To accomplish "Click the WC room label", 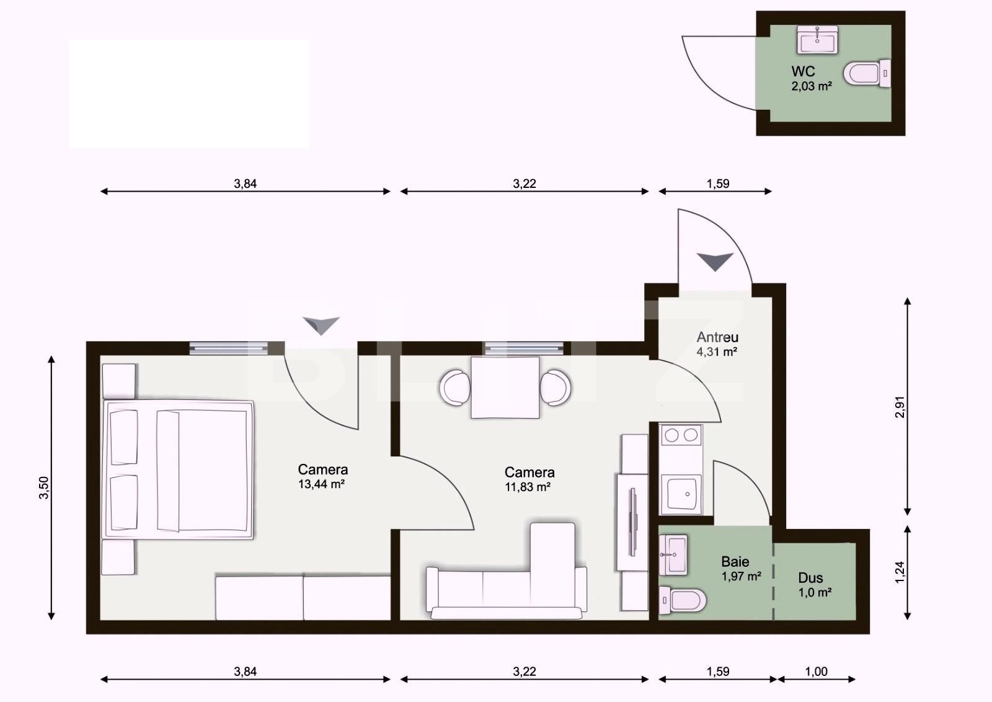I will tap(803, 71).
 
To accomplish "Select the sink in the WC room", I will tap(817, 40).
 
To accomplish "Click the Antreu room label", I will tap(717, 337).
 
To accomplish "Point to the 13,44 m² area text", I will tap(321, 484).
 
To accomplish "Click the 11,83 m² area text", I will tap(528, 487).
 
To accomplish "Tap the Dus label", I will tap(810, 578).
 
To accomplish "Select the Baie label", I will tap(735, 562).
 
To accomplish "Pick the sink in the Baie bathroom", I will tap(673, 554).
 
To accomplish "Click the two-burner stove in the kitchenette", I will tap(681, 435).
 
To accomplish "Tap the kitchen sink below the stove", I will tap(681, 494).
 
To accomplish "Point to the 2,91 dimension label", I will tap(900, 407).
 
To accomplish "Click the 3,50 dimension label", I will tap(43, 487).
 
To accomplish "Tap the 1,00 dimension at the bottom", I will tap(816, 671).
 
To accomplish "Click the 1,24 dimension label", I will tap(900, 571).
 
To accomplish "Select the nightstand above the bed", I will tap(118, 381).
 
